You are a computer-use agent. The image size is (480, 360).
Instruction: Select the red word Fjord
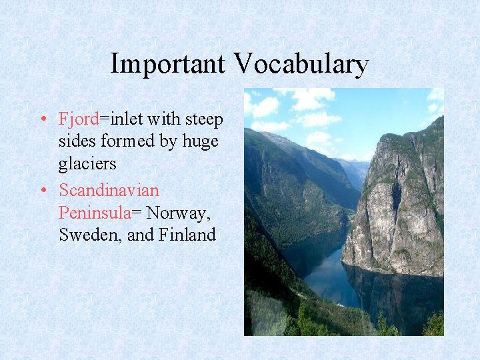(79, 119)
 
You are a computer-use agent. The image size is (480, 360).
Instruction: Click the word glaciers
(87, 164)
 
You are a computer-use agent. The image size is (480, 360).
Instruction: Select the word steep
(204, 119)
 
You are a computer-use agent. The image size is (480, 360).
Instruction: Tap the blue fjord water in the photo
(327, 273)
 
